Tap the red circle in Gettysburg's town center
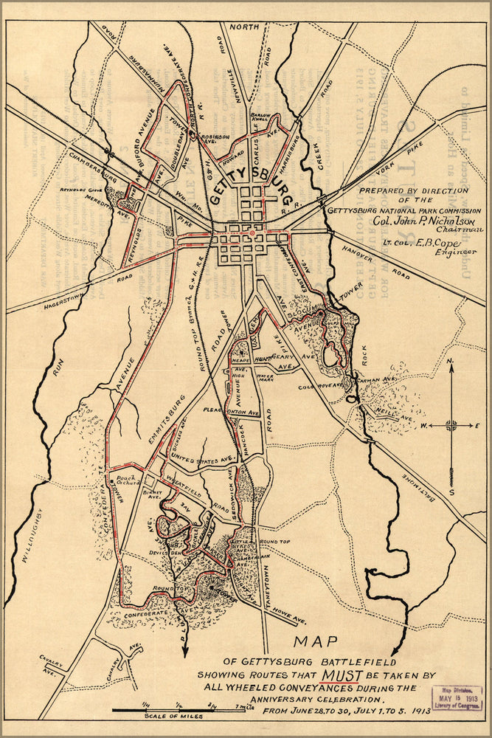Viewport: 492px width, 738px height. click(x=252, y=234)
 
